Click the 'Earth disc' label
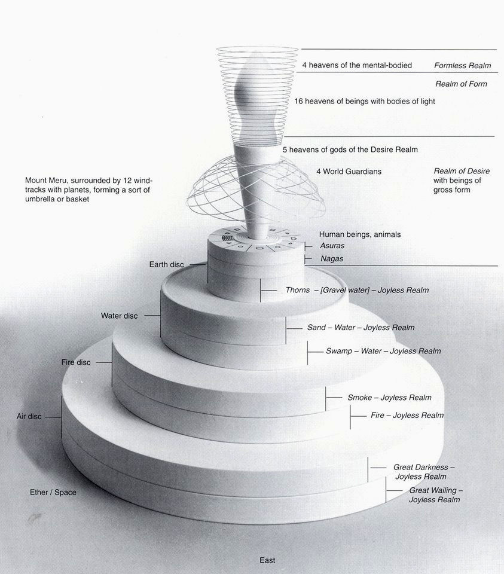click(x=167, y=264)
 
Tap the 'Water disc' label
click(x=120, y=316)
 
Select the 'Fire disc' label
click(x=76, y=362)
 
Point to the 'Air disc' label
click(x=29, y=416)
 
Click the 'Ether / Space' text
click(x=53, y=492)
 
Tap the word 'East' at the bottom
click(x=267, y=560)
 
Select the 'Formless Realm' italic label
click(x=462, y=65)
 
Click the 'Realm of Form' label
click(x=461, y=84)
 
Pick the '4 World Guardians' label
click(x=349, y=172)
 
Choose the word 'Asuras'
click(x=332, y=246)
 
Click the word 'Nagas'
click(x=331, y=259)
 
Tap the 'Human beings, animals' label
click(x=360, y=234)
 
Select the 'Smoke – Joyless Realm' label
click(x=389, y=398)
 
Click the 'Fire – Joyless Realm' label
click(x=407, y=415)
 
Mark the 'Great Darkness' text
click(x=424, y=467)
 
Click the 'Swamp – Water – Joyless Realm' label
click(x=383, y=351)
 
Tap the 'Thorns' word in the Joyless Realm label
click(x=298, y=290)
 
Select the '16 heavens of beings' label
click(x=365, y=102)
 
